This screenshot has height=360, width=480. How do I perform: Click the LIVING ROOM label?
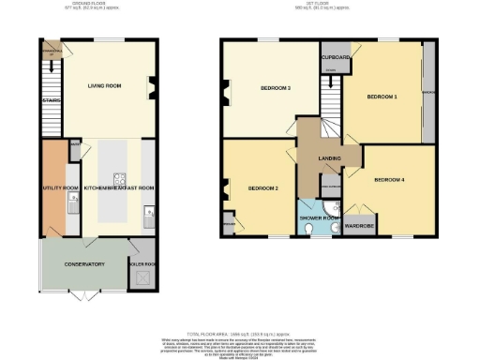[106, 86]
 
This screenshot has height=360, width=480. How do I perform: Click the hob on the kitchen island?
[120, 177]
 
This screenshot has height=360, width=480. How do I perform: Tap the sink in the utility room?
[72, 191]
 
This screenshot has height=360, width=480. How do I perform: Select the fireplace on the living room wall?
[153, 89]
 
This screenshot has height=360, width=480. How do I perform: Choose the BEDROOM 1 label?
[382, 97]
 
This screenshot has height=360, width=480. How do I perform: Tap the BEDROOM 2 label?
[263, 187]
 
